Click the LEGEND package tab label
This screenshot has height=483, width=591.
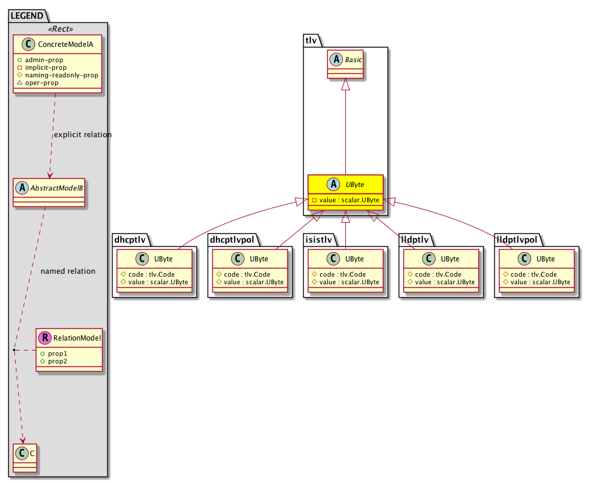click(27, 16)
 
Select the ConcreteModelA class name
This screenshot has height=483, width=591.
click(66, 45)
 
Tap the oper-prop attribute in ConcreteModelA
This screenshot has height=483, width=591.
click(42, 83)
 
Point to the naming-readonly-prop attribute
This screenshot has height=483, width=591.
click(62, 76)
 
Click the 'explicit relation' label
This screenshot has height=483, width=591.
click(83, 134)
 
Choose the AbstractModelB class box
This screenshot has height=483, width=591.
click(49, 192)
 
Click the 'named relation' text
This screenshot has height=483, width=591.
click(68, 271)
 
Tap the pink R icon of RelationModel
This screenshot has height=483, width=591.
click(45, 338)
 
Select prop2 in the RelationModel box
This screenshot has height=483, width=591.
click(57, 361)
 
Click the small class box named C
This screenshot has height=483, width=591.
click(25, 458)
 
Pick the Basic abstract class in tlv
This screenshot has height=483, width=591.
click(345, 64)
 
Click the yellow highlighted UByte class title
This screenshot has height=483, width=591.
click(355, 185)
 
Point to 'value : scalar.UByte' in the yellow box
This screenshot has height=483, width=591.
click(349, 200)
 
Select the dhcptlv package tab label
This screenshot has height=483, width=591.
click(130, 240)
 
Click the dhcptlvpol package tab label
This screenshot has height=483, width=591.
click(232, 240)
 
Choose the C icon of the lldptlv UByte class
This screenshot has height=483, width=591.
click(429, 258)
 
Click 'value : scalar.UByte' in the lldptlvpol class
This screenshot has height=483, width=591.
click(540, 282)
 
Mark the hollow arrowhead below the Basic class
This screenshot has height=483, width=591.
click(345, 84)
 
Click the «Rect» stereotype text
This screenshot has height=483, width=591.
click(61, 29)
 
